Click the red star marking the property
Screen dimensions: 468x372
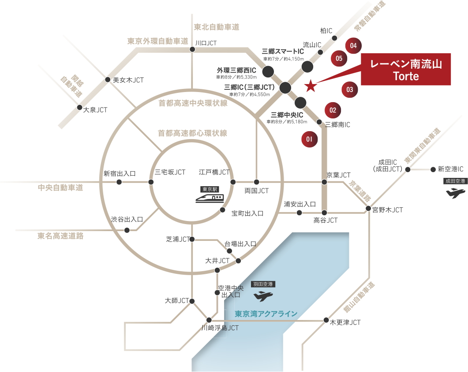coord(311,86)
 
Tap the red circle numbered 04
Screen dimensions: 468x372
coord(353,46)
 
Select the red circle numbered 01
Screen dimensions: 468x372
coord(309,139)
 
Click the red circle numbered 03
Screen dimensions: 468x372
coord(350,90)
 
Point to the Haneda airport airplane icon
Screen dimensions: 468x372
coord(263,296)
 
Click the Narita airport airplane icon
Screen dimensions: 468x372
coord(456,193)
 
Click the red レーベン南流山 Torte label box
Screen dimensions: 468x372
coord(406,69)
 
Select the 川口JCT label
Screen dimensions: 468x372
coord(206,43)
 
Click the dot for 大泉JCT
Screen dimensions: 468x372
coord(79,107)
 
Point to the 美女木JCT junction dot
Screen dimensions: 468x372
coord(108,80)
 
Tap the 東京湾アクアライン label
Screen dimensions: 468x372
coord(266,314)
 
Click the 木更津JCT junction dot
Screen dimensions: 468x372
coord(326,320)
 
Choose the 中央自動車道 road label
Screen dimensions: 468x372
coord(60,188)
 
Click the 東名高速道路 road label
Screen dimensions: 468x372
coord(60,236)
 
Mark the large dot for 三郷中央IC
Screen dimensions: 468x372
coord(300,103)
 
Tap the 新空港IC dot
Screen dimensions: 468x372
coord(433,169)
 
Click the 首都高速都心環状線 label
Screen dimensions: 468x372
coord(192,133)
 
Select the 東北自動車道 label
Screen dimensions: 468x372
coord(217,27)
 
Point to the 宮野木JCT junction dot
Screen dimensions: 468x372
coord(368,208)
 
